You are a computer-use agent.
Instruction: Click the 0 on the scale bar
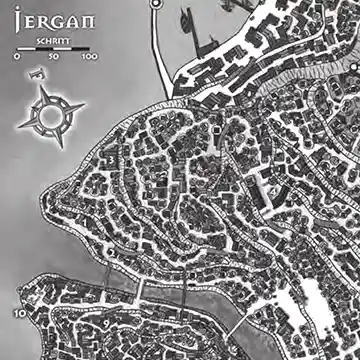[x=17, y=58]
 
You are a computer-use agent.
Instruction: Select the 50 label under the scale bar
[x=54, y=58]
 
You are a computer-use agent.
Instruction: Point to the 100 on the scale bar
[x=90, y=58]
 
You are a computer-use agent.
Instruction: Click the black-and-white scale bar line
[x=54, y=48]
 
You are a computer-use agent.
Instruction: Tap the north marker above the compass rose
[x=38, y=74]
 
